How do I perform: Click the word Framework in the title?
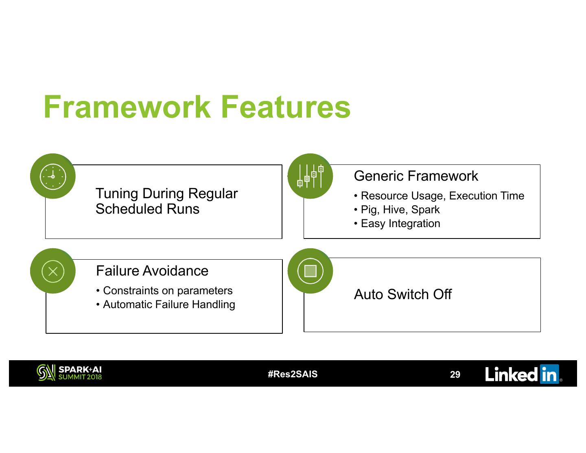coord(127,107)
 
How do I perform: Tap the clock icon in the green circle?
coord(53,176)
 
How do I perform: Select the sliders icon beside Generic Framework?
coord(310,176)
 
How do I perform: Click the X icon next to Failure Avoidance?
coord(53,271)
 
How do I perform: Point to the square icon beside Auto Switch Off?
coord(310,271)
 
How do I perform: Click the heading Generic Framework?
coord(416,176)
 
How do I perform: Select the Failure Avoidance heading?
coord(152,271)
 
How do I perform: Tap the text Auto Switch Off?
coord(403,294)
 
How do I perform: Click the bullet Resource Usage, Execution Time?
coord(442,196)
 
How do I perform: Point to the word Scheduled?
coord(124,209)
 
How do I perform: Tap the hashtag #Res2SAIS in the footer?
coord(293,374)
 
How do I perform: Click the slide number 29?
coord(455,374)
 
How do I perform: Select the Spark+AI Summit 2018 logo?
coord(69,373)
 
